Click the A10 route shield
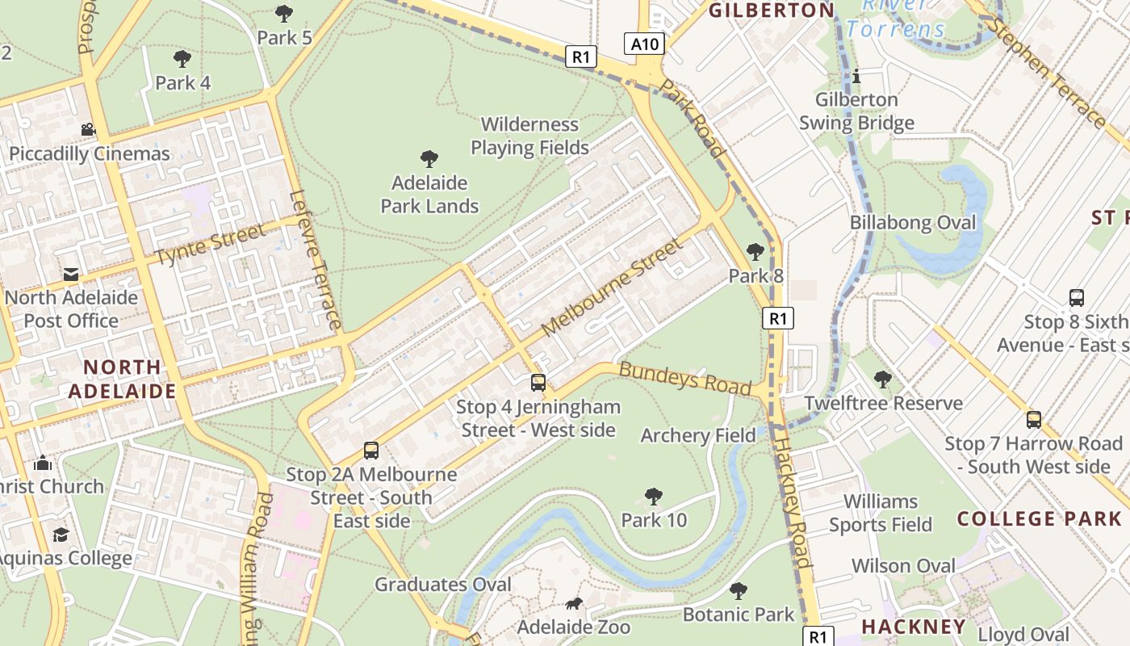click(x=644, y=44)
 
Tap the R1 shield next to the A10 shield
click(x=581, y=57)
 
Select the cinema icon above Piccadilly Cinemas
click(x=88, y=129)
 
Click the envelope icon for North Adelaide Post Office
click(x=71, y=275)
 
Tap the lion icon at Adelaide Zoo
click(x=574, y=604)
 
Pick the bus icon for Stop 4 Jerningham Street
click(x=538, y=383)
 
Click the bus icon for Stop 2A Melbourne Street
click(x=371, y=451)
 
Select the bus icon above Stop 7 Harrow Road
click(x=1034, y=420)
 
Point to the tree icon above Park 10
click(x=654, y=497)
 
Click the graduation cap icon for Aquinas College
click(x=61, y=535)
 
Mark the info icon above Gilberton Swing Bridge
click(x=856, y=77)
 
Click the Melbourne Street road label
click(x=613, y=288)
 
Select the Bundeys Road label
click(x=684, y=378)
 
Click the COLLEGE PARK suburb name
click(x=1039, y=518)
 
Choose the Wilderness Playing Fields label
click(x=529, y=136)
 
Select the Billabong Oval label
click(x=913, y=223)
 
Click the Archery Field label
click(x=698, y=436)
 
